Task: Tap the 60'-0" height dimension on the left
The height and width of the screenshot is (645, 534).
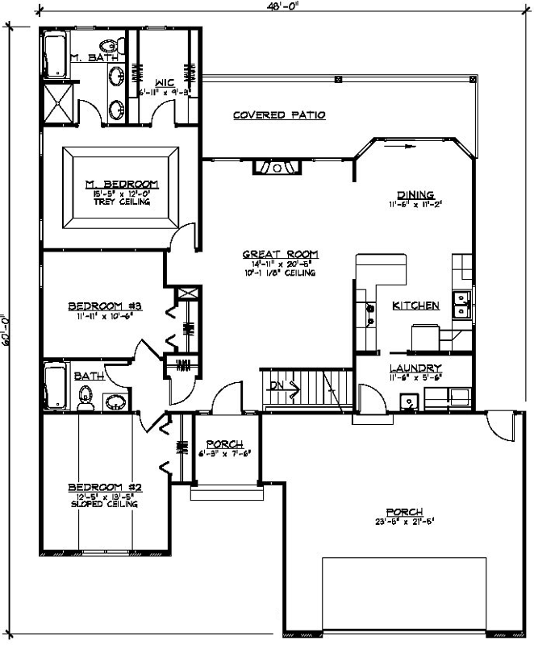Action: pyautogui.click(x=6, y=330)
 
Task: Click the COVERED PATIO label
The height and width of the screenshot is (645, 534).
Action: pyautogui.click(x=279, y=115)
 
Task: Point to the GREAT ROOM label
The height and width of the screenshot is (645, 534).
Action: pyautogui.click(x=271, y=255)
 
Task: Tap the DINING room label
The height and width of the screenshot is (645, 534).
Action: pyautogui.click(x=415, y=194)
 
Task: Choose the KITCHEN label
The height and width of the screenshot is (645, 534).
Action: pyautogui.click(x=415, y=306)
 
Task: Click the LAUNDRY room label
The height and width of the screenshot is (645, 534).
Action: pyautogui.click(x=416, y=367)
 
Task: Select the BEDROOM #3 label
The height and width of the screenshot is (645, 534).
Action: pyautogui.click(x=105, y=306)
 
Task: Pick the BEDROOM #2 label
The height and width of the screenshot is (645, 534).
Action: pyautogui.click(x=105, y=487)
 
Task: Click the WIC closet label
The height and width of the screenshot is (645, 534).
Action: pyautogui.click(x=164, y=82)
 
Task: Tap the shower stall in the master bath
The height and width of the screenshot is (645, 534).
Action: pyautogui.click(x=59, y=103)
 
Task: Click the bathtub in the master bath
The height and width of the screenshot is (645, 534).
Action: pyautogui.click(x=56, y=56)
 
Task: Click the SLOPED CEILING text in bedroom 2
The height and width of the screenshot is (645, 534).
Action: pyautogui.click(x=105, y=505)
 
